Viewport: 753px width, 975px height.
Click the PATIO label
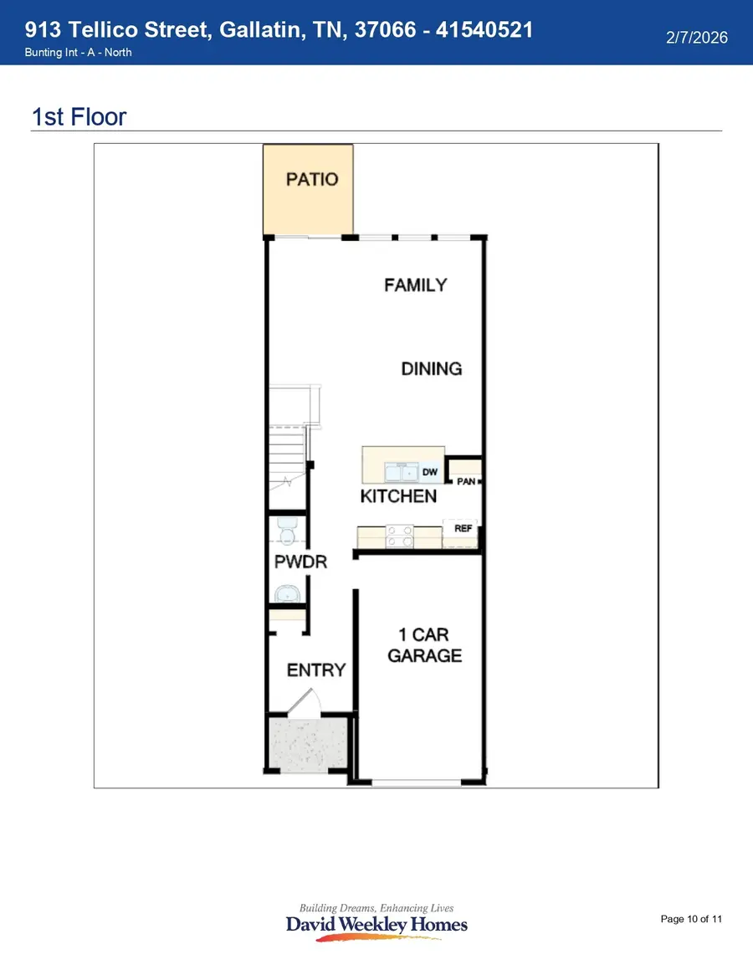(x=312, y=179)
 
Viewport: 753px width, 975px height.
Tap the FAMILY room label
(x=416, y=285)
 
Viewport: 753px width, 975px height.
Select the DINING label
(x=431, y=368)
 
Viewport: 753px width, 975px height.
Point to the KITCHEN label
(x=398, y=496)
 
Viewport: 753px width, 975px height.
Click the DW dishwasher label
(x=430, y=472)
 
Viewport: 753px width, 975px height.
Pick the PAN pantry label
(x=465, y=481)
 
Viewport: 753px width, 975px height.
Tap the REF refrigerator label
(x=464, y=528)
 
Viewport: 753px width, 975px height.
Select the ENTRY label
(x=315, y=670)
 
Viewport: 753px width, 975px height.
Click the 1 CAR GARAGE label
(x=424, y=645)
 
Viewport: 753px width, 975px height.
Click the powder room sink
(x=286, y=594)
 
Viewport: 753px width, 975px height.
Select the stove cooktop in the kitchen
(x=400, y=536)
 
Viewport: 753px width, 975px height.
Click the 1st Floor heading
(x=79, y=116)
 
